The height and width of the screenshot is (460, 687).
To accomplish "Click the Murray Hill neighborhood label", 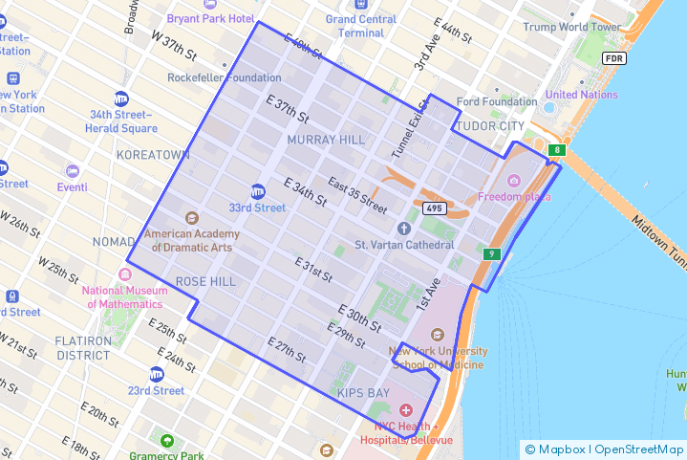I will [326, 140].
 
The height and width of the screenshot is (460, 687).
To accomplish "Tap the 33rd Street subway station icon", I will [258, 190].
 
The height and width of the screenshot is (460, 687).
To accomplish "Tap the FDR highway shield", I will [614, 58].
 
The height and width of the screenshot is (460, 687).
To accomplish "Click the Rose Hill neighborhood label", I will [205, 281].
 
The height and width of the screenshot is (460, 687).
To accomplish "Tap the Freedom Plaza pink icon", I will [514, 181].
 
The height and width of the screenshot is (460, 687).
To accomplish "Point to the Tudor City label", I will [491, 126].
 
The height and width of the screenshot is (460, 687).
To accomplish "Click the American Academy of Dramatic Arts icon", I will [191, 218].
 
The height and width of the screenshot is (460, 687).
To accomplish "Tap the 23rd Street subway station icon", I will [157, 374].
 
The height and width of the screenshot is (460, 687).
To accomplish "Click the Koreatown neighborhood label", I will [153, 154].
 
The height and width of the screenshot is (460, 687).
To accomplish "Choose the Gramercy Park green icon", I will [168, 442].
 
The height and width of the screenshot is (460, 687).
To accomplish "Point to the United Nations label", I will [581, 95].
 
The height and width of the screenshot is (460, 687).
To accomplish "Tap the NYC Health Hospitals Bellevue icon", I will [406, 410].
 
